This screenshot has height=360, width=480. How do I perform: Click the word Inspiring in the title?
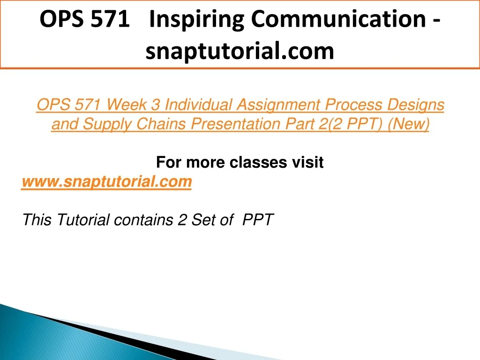(196, 20)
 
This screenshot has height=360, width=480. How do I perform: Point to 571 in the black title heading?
(111, 19)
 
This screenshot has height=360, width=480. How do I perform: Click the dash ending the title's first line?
(437, 21)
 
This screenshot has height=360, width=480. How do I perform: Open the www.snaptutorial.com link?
(107, 182)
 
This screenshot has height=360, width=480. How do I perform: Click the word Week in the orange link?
(126, 105)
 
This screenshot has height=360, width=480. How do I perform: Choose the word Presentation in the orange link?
(235, 124)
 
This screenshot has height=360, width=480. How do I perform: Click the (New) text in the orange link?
(408, 124)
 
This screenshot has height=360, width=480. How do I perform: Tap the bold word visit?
(307, 162)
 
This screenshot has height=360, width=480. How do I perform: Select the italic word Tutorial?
(82, 220)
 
